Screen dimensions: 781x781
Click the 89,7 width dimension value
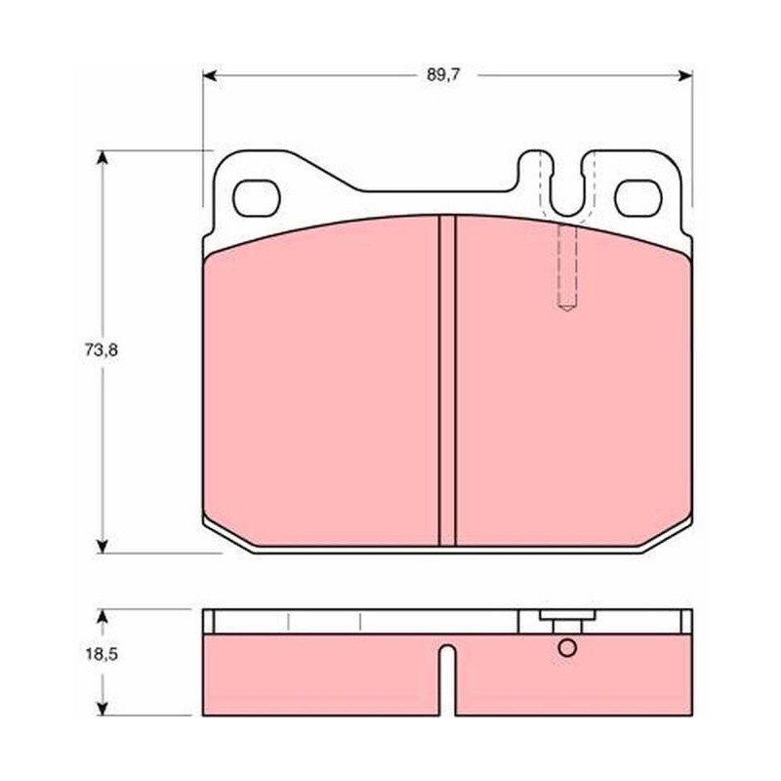click(x=444, y=75)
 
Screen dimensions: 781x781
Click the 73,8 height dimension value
click(x=102, y=350)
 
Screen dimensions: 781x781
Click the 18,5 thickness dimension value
click(x=102, y=654)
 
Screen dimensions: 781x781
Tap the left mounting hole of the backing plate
click(x=257, y=198)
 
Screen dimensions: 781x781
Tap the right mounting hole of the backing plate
click(x=638, y=198)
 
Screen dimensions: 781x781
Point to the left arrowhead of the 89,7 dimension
click(x=210, y=76)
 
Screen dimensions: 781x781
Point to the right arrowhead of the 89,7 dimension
click(x=685, y=76)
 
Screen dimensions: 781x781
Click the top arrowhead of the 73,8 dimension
click(x=103, y=157)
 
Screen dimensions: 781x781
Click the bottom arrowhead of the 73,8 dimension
click(x=103, y=546)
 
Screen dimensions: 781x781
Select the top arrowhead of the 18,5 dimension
click(x=103, y=616)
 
